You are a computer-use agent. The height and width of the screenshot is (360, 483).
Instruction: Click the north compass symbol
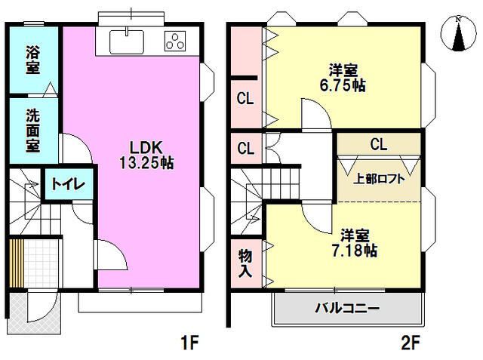click(x=459, y=33)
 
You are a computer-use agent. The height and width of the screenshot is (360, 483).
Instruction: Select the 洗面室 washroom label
click(x=33, y=131)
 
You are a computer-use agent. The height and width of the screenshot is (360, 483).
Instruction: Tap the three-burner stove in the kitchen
click(x=176, y=42)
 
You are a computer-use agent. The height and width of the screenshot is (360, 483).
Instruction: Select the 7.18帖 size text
click(x=352, y=249)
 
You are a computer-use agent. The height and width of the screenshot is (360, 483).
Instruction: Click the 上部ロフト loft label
click(x=380, y=180)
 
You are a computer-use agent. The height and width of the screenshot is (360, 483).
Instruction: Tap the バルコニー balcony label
click(x=347, y=309)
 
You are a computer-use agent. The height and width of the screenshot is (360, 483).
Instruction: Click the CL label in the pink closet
click(x=245, y=98)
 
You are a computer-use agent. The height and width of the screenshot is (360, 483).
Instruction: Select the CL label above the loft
click(x=378, y=143)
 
